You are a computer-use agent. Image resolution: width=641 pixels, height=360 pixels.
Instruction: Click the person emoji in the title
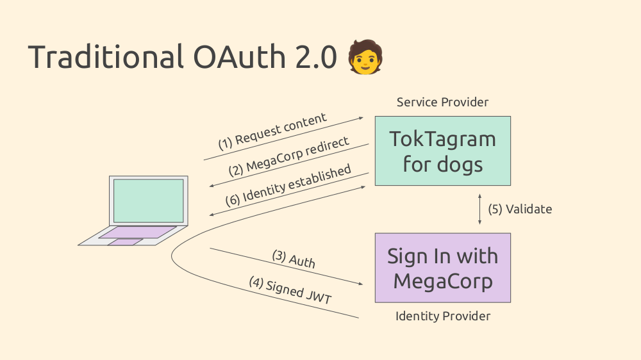point(365,57)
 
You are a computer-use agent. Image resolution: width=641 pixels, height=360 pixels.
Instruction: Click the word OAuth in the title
point(239,56)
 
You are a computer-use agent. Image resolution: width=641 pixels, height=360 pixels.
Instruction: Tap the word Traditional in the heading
point(106,56)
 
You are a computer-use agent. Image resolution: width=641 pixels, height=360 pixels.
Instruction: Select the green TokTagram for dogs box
point(443,151)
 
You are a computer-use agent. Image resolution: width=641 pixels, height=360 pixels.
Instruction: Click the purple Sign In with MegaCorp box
point(443,268)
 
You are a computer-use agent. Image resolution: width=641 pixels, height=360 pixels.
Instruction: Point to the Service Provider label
point(443,102)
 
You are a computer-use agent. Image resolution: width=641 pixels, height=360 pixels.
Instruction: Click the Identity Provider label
point(443,316)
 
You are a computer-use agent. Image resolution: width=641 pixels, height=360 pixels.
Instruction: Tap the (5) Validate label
point(520,209)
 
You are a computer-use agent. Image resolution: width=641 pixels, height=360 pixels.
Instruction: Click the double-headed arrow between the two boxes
point(480,209)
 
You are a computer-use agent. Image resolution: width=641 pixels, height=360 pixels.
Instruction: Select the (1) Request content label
point(272,131)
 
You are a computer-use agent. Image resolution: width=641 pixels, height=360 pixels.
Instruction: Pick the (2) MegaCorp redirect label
point(288,156)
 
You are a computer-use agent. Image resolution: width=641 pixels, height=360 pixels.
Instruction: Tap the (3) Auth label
point(294,259)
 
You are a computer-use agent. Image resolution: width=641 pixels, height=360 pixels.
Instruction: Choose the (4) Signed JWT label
point(290,291)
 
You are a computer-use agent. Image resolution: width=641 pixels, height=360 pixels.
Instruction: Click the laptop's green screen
point(149,200)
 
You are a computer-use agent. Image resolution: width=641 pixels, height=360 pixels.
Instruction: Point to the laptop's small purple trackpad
point(126,242)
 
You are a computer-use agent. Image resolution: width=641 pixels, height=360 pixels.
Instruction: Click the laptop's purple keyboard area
point(138,232)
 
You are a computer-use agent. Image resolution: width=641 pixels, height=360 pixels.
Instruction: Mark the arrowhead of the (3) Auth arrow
point(360,283)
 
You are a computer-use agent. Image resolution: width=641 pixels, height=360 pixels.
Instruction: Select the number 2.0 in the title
point(316,56)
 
